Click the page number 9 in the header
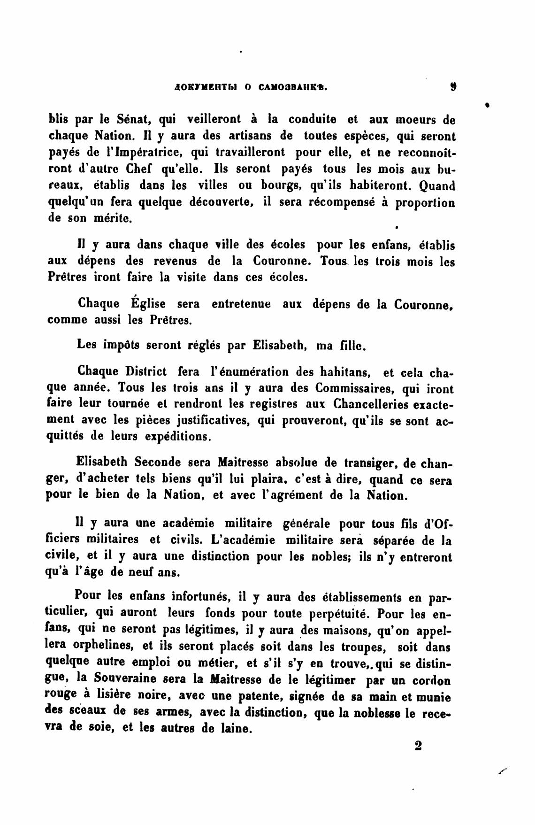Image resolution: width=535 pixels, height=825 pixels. pos(452,87)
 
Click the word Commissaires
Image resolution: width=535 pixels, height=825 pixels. pos(358,389)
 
